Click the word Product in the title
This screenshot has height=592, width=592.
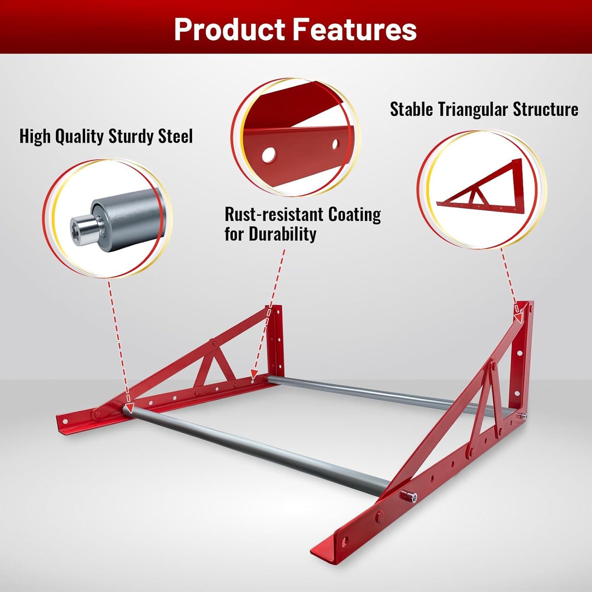(x=229, y=29)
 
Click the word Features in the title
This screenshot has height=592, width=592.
(x=354, y=29)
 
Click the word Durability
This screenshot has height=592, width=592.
(x=283, y=234)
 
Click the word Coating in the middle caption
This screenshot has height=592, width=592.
(x=354, y=214)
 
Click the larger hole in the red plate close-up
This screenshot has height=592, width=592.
(x=269, y=154)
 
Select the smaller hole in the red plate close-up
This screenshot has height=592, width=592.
(x=336, y=144)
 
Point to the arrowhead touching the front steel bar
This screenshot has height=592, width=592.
(x=129, y=408)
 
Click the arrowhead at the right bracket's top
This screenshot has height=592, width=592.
(x=519, y=318)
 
